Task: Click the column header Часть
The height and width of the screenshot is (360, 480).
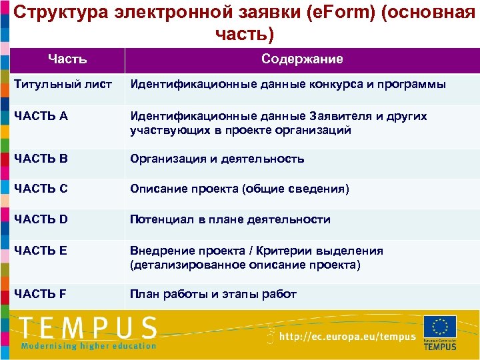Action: pos(67,59)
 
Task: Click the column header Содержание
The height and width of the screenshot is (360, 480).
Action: pos(302,59)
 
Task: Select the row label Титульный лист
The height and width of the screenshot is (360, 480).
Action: pos(62,85)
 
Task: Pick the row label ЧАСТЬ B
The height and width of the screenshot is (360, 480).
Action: pos(40,159)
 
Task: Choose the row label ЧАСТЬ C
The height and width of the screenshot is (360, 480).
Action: pos(40,189)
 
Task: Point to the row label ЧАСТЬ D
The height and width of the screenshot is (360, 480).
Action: pos(40,219)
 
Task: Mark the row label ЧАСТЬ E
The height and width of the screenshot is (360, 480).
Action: pos(40,251)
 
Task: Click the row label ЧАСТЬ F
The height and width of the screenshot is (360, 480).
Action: pos(40,294)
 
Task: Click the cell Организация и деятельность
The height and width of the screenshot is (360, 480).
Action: pos(217,159)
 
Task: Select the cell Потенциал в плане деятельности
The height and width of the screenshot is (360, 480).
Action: pos(230,219)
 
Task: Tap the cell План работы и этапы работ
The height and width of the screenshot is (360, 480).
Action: pos(213,294)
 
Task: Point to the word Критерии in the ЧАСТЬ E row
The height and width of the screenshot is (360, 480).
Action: pos(281,251)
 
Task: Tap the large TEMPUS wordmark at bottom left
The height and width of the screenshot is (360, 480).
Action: pos(88,329)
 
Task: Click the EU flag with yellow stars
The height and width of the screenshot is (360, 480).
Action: pos(439,327)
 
